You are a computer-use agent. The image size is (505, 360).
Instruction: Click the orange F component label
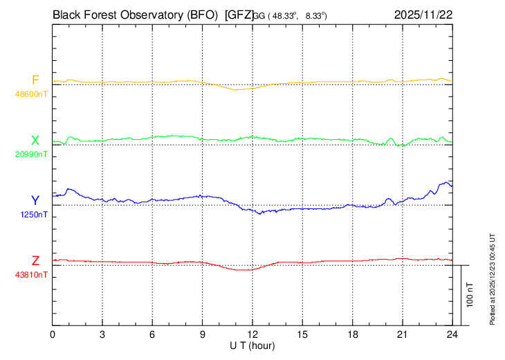(35, 80)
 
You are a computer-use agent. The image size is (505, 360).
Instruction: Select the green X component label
(35, 141)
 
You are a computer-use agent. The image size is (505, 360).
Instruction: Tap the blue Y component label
(35, 200)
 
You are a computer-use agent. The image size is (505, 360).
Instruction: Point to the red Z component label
(35, 261)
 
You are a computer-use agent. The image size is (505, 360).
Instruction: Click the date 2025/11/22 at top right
(423, 14)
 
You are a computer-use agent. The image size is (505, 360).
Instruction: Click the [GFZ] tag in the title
(240, 14)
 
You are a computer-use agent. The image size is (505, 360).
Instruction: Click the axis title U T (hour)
(252, 345)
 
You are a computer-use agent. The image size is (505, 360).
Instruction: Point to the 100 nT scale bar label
(470, 294)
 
